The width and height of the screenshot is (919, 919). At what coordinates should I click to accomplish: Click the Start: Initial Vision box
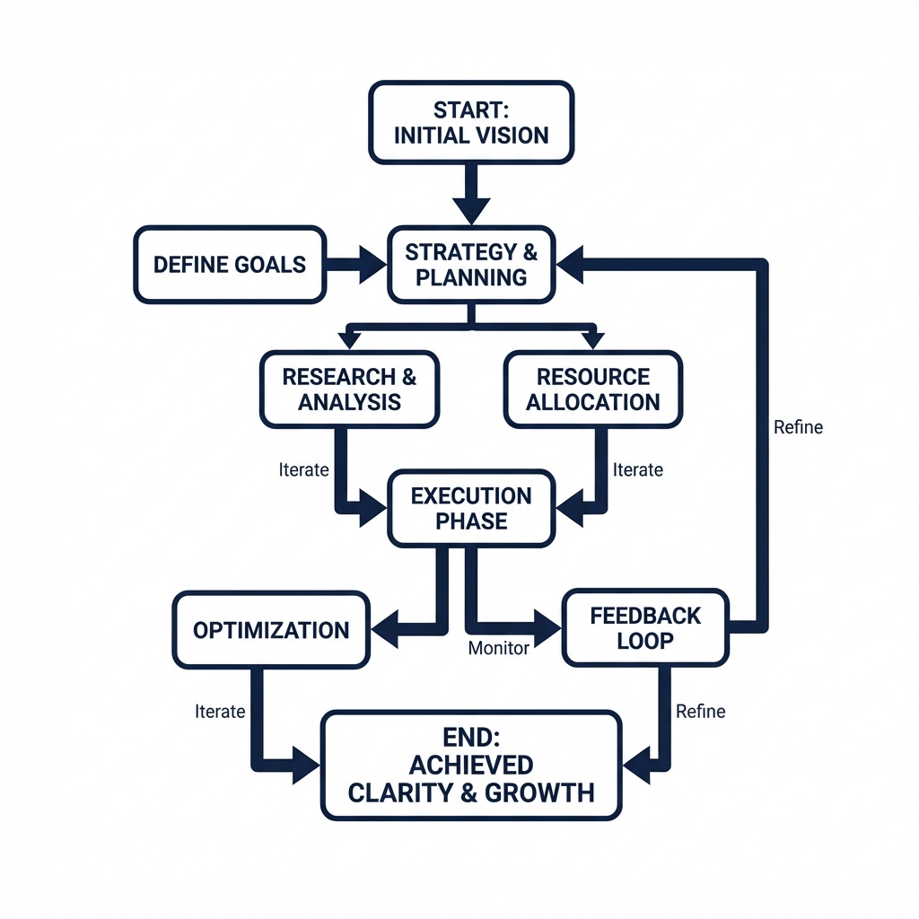(x=471, y=123)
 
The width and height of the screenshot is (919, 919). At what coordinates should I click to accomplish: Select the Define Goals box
(x=230, y=265)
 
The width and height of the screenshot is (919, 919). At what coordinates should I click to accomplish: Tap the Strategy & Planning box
(x=471, y=265)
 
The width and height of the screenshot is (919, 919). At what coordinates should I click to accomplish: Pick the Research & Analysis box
(x=349, y=389)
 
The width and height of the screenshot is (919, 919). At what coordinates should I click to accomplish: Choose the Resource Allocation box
(x=592, y=389)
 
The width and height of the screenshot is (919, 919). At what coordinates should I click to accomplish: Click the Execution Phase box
(x=471, y=508)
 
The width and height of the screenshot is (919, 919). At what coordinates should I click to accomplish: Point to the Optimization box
(x=271, y=629)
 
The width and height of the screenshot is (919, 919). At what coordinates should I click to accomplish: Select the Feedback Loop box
(x=645, y=628)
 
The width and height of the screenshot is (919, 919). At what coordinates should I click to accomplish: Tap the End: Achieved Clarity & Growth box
(x=471, y=766)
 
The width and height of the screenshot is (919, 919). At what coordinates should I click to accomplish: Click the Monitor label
(x=500, y=648)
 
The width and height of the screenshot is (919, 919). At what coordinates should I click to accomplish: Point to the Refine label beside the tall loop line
(x=798, y=427)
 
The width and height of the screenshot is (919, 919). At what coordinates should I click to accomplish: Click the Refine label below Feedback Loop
(x=700, y=712)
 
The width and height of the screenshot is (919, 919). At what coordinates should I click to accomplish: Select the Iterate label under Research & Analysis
(x=304, y=469)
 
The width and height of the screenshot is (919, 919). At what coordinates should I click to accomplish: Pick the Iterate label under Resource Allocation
(x=638, y=469)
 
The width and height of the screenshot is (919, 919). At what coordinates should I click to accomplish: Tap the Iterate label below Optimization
(x=220, y=712)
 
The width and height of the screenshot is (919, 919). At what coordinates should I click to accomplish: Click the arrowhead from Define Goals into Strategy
(x=371, y=265)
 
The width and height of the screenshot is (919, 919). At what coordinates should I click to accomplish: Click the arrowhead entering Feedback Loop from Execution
(x=546, y=621)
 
